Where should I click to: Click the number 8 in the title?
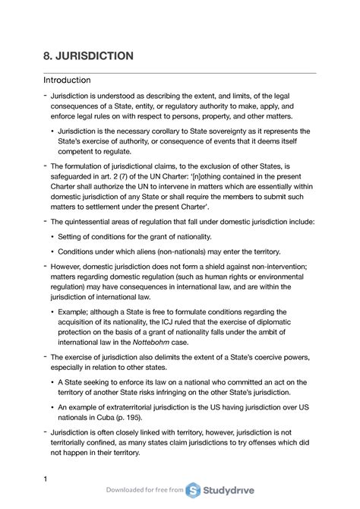coord(47,56)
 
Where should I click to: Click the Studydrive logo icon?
coord(195,490)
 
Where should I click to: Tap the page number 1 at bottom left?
coord(46,478)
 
